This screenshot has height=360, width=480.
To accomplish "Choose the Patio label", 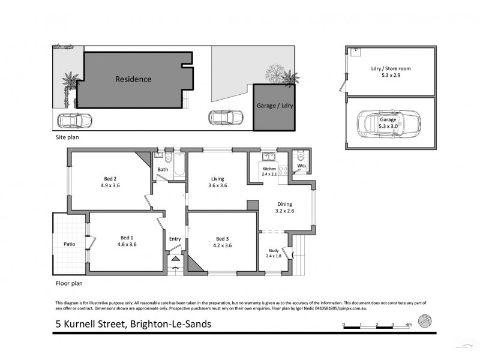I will tap(69, 244).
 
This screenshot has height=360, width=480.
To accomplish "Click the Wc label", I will tap(301, 166).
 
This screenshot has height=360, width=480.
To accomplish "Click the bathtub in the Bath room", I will tap(178, 166).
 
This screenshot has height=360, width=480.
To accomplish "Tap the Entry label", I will tap(175, 239).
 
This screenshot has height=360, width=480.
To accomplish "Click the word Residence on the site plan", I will tap(133, 79).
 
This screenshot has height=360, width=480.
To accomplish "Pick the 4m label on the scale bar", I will tap(409, 325).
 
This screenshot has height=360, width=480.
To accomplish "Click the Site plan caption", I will tap(65, 137).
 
